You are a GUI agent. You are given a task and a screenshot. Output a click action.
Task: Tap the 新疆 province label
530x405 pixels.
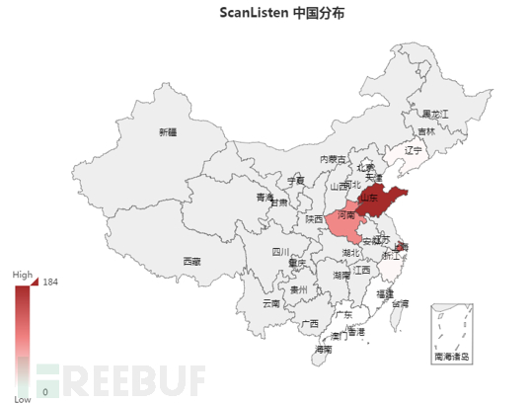[x=167, y=131]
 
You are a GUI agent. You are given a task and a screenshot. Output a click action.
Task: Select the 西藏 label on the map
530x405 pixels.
[x=191, y=262]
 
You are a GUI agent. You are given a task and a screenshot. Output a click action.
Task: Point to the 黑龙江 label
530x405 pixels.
[x=435, y=115]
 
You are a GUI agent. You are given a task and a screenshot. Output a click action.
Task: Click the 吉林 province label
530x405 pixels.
[x=425, y=131]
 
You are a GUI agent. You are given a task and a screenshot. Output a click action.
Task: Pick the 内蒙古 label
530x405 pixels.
[x=333, y=159]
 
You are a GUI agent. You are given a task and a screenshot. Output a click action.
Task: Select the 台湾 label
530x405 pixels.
[x=400, y=303]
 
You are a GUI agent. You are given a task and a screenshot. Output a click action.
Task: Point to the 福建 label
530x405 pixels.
[x=384, y=293]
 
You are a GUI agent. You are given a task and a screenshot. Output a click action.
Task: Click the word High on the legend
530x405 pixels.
[x=22, y=276]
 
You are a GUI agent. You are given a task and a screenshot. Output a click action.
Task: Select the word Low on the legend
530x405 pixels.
[x=21, y=400]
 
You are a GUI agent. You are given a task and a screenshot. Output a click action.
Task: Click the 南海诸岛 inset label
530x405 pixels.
[x=452, y=355]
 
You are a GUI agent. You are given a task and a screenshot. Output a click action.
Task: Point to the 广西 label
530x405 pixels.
[x=310, y=323]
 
